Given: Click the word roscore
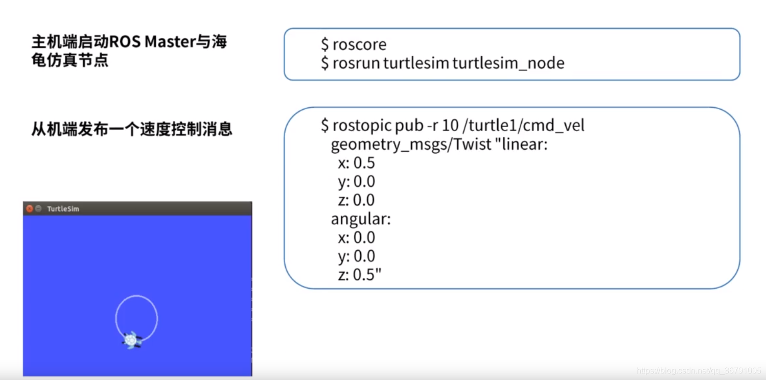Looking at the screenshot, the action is click(x=359, y=45).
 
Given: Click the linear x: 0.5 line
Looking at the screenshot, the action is click(x=356, y=163).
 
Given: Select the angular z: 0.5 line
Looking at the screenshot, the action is click(x=360, y=274).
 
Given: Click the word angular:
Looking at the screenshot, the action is click(x=361, y=219).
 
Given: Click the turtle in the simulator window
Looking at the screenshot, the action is click(x=132, y=340).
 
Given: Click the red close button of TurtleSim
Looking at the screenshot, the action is click(x=30, y=209).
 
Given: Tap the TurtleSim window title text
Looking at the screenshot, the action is click(x=63, y=209).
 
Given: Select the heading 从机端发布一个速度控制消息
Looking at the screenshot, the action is click(x=132, y=129).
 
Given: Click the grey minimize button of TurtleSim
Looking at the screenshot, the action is click(x=38, y=209).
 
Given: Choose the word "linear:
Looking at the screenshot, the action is click(x=520, y=145).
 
